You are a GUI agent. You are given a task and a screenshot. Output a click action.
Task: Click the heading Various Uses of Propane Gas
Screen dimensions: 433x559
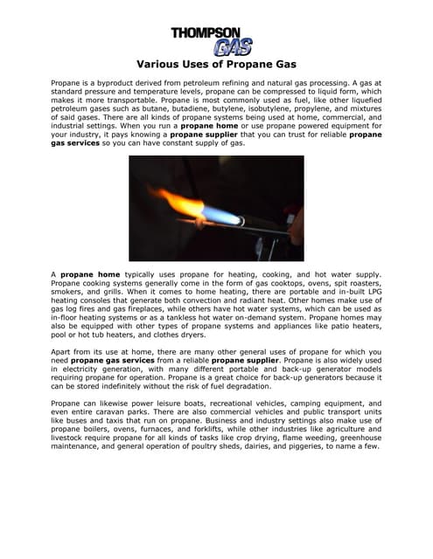[x=216, y=64]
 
